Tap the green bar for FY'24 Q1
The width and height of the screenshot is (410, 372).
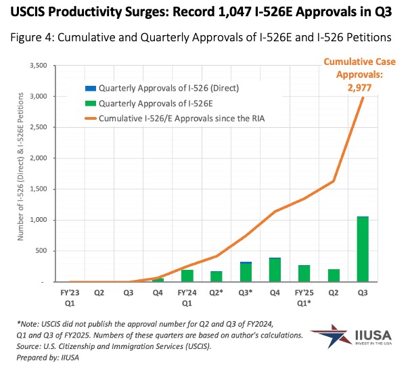pos(187,275)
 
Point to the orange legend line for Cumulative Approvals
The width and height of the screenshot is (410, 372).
pos(90,119)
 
